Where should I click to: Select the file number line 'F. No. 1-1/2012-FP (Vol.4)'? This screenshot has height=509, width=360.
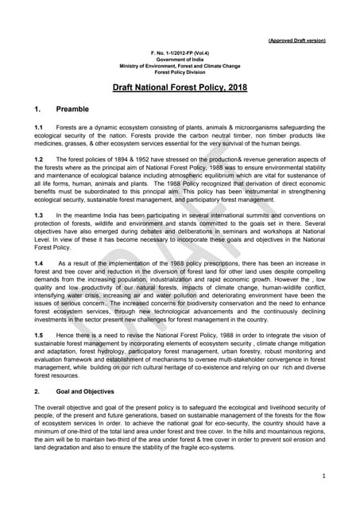click(180, 52)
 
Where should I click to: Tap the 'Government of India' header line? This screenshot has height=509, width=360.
click(180, 59)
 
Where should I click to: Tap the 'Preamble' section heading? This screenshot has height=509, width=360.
click(73, 107)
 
